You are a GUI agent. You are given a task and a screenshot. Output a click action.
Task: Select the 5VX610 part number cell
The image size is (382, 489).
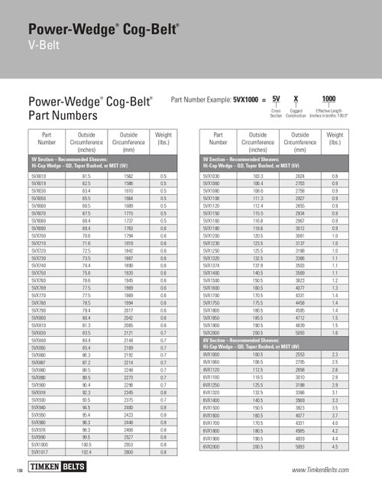[37, 176]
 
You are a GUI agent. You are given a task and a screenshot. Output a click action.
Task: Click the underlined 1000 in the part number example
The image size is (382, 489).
[329, 99]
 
